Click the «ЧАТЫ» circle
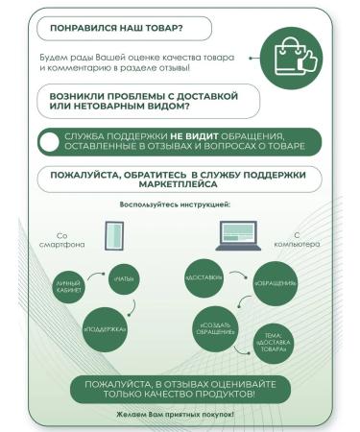126,278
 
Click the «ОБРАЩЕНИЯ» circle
274,283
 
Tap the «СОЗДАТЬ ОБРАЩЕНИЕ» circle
215,329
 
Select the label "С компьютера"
305,240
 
